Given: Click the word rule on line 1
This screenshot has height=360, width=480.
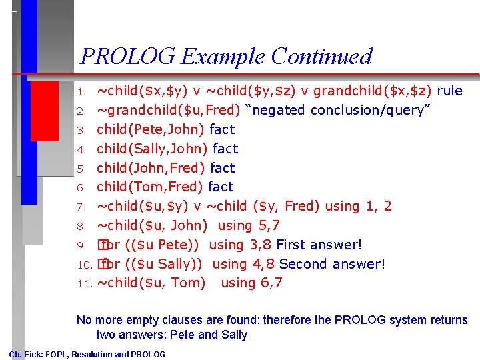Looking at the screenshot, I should click(449, 91).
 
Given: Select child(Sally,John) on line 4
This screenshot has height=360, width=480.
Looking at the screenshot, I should click(153, 149).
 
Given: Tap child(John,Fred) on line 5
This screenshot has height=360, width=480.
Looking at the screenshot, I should click(151, 168).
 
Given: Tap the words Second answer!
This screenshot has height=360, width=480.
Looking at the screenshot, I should click(332, 264).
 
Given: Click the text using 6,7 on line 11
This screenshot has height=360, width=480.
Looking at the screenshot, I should click(251, 283).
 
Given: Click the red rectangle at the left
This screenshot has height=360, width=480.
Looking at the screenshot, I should click(45, 111).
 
